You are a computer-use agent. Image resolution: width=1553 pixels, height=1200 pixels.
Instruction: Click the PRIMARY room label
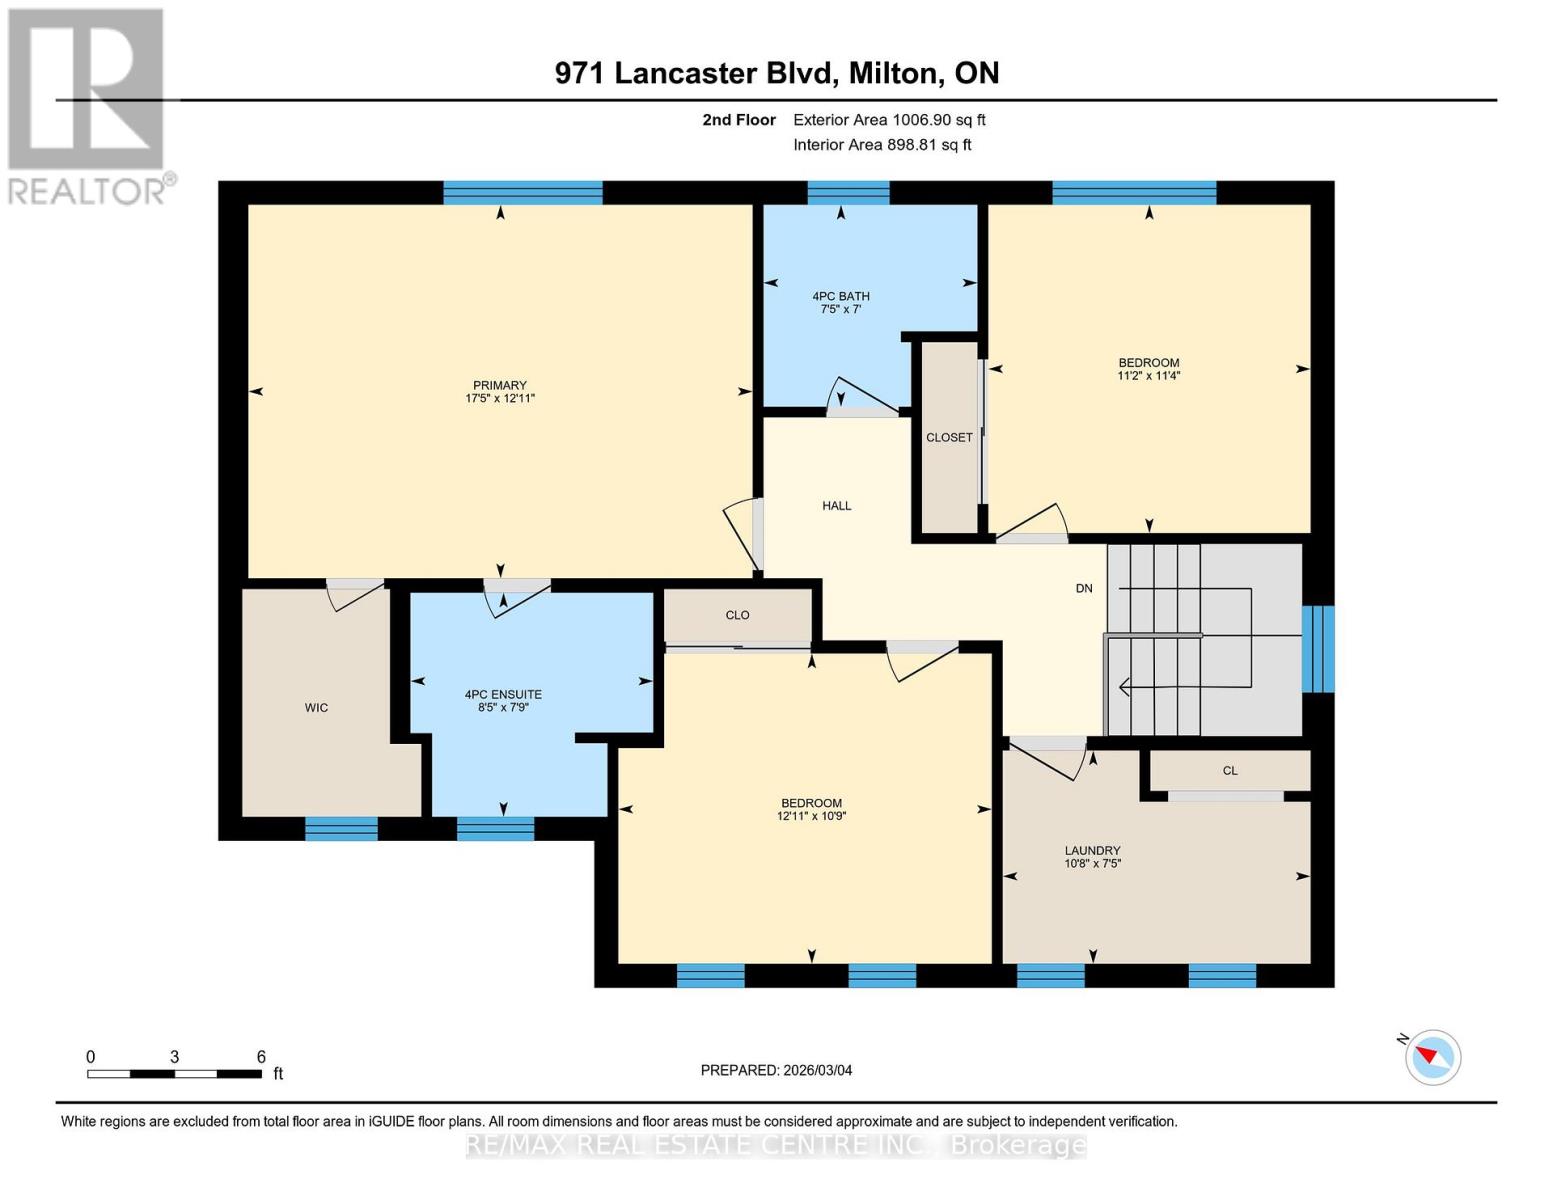[499, 385]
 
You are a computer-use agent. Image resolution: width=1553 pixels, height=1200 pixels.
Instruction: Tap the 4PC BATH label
[840, 296]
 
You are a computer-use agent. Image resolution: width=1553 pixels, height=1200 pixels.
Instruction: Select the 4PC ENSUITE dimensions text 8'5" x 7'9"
[503, 707]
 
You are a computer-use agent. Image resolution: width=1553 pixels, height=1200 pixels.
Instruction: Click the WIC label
[316, 708]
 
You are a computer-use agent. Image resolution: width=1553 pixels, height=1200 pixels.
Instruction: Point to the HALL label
[837, 506]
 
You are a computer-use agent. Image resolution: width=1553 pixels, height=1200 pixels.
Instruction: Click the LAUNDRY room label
[1092, 851]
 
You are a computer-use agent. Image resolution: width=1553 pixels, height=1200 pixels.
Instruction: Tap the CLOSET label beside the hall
[949, 438]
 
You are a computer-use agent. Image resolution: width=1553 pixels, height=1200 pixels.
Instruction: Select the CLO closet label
[737, 615]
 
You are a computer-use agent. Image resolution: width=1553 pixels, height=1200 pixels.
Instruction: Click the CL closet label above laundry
[1230, 771]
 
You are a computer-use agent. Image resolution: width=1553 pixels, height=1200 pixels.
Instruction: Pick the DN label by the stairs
[1084, 589]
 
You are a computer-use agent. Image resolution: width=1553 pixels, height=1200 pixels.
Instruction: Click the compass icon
[1432, 1056]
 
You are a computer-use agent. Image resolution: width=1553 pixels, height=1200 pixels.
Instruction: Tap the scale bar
[175, 1074]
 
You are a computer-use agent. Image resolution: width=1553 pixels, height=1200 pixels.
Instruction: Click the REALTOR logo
[88, 105]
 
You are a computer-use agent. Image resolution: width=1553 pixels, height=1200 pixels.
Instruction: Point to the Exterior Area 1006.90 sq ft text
[889, 120]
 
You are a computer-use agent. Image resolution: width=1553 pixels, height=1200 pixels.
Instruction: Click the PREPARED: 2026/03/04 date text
[776, 1070]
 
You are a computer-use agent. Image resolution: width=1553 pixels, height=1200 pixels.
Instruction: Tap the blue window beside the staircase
[1317, 649]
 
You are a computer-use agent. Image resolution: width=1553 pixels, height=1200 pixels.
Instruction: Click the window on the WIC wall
[341, 828]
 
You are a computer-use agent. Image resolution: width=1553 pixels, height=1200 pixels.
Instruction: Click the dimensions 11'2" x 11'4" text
[1148, 376]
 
